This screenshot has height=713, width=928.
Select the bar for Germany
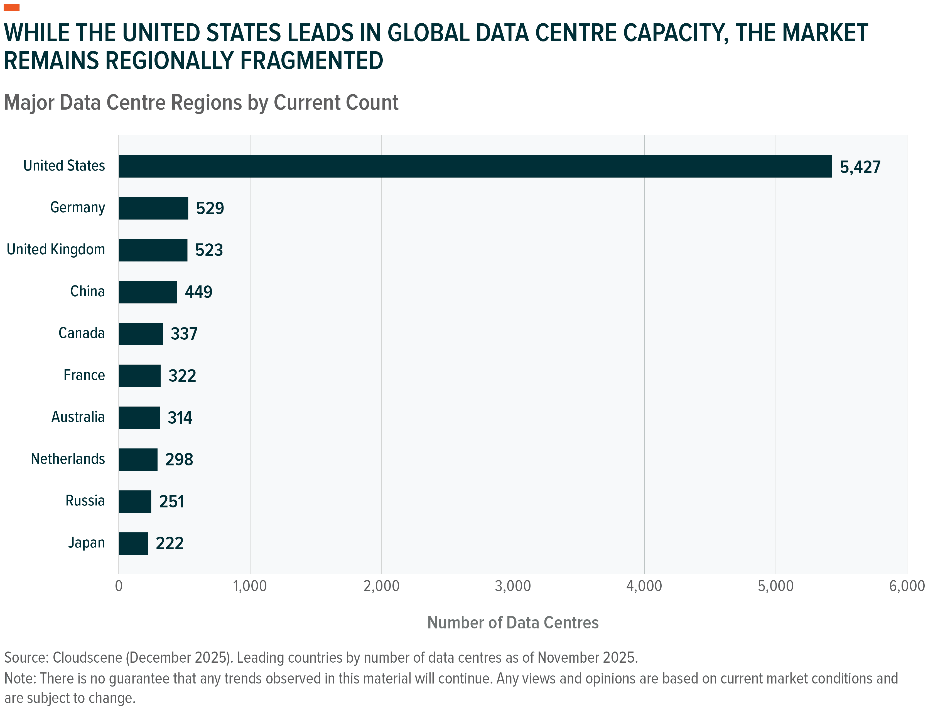pyautogui.click(x=153, y=208)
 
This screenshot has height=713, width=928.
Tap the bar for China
pyautogui.click(x=148, y=292)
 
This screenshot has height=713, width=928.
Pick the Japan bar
pyautogui.click(x=133, y=543)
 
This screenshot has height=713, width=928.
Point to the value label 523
pyautogui.click(x=209, y=250)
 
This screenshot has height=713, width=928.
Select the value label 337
pyautogui.click(x=184, y=334)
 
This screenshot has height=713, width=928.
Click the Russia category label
pyautogui.click(x=85, y=501)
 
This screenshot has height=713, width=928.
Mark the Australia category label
pyautogui.click(x=78, y=417)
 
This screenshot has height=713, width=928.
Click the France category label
pyautogui.click(x=84, y=375)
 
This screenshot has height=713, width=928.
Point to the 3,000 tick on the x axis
pyautogui.click(x=513, y=586)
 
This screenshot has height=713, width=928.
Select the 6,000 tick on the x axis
pyautogui.click(x=907, y=586)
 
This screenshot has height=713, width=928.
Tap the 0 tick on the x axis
pyautogui.click(x=119, y=586)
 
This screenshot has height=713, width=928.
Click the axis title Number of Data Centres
pyautogui.click(x=513, y=623)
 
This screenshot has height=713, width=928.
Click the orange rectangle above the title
pyautogui.click(x=11, y=8)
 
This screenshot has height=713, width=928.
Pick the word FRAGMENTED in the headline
pyautogui.click(x=311, y=60)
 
